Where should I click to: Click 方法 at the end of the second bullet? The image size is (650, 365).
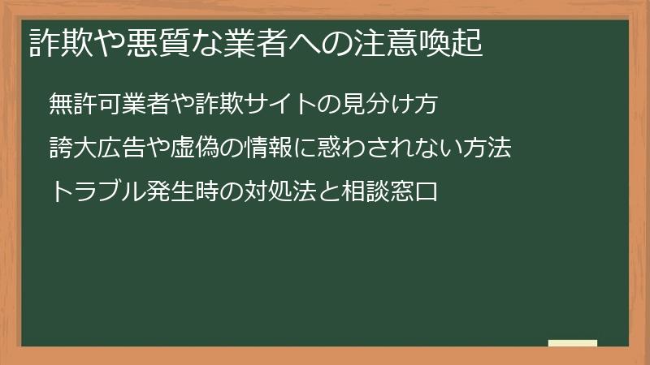coord(487,148)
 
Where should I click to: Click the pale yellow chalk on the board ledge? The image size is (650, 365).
coord(573,343)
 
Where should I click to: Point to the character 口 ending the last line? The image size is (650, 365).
coord(426,193)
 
